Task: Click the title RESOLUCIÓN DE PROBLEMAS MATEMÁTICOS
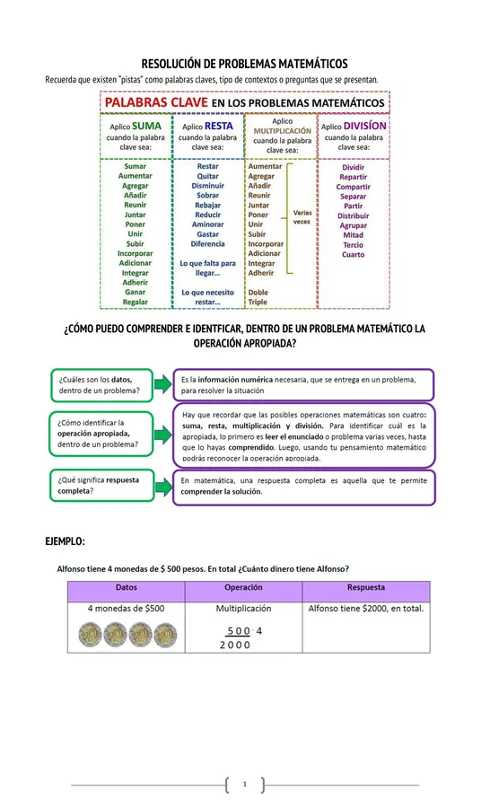(x=245, y=64)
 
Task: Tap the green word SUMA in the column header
(x=146, y=127)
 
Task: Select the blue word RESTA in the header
(x=218, y=127)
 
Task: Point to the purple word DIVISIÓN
(x=364, y=127)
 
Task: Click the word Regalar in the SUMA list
(x=136, y=303)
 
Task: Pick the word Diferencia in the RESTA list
(x=207, y=244)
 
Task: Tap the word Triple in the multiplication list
(x=258, y=303)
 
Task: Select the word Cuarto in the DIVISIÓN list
(x=354, y=255)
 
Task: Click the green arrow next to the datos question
(x=161, y=384)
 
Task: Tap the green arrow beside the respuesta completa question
(x=161, y=486)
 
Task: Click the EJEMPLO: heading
(x=66, y=541)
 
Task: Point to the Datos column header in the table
(x=127, y=588)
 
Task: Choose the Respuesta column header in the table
(x=365, y=588)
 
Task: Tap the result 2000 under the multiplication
(x=235, y=645)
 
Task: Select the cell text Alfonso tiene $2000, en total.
(x=365, y=609)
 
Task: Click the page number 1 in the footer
(x=244, y=785)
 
